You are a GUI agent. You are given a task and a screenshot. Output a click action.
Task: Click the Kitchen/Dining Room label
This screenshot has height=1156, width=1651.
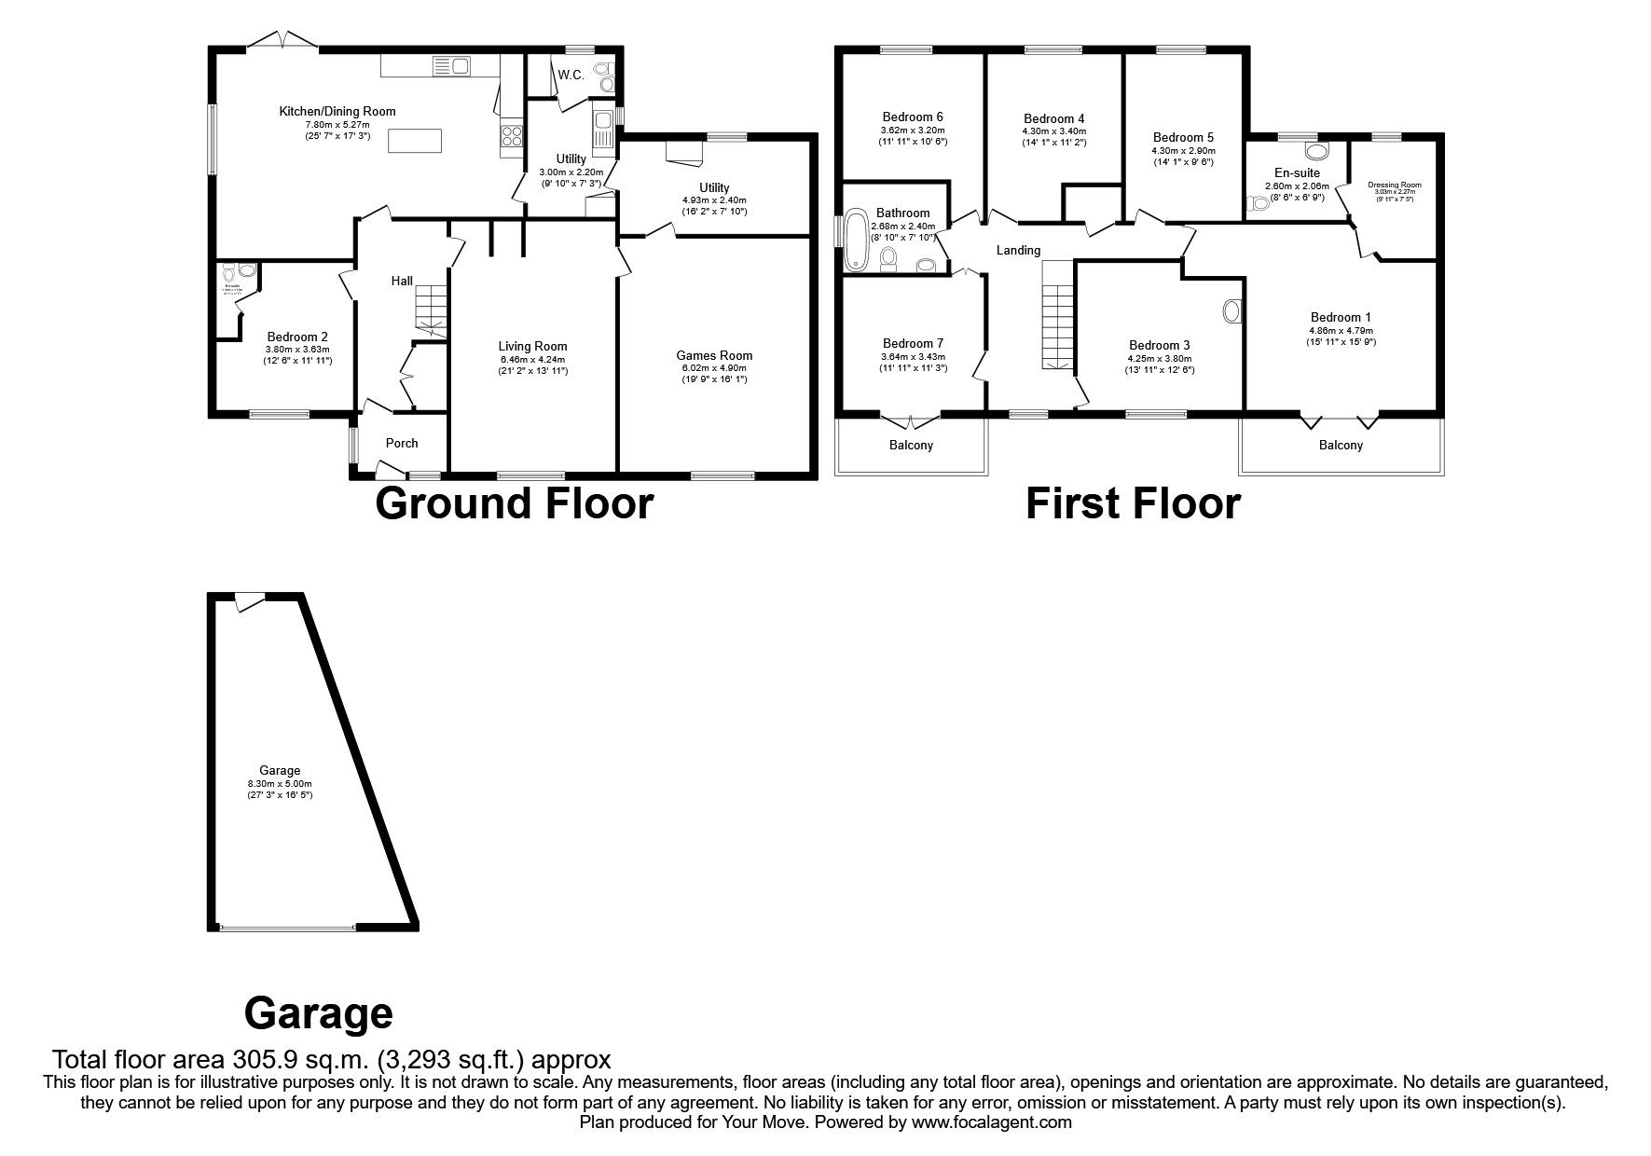click(337, 111)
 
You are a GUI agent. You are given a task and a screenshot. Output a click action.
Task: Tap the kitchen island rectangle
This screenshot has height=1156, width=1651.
click(410, 140)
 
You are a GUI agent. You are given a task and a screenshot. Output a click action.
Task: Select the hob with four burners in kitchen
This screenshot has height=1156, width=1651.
click(513, 137)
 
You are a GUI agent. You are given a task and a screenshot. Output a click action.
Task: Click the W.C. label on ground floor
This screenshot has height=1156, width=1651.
click(571, 75)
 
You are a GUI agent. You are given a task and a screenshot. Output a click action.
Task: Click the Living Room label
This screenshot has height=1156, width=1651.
click(532, 346)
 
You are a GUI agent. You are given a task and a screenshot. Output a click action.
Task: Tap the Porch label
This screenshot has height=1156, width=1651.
click(402, 443)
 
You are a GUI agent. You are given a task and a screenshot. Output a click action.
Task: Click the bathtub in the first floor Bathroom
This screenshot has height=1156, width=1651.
click(855, 242)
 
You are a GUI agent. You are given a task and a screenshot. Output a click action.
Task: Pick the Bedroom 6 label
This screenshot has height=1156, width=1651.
click(913, 117)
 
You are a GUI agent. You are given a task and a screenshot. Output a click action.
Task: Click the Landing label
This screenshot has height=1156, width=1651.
click(1018, 250)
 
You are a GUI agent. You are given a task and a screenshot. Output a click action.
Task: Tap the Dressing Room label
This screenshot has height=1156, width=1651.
click(1395, 185)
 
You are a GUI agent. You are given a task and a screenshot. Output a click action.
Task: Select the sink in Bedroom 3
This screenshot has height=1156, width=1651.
click(1231, 311)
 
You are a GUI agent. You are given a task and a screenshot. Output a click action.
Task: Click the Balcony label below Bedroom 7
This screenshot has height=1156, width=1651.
click(911, 445)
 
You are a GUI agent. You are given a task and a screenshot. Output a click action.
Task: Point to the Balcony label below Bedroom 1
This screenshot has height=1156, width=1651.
click(1341, 445)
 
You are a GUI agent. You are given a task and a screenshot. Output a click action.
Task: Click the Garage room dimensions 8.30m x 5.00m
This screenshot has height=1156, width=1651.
click(280, 784)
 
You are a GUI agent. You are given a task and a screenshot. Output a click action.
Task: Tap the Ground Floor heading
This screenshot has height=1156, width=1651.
click(514, 503)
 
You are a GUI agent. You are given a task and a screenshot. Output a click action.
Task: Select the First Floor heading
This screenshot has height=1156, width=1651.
click(1133, 503)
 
